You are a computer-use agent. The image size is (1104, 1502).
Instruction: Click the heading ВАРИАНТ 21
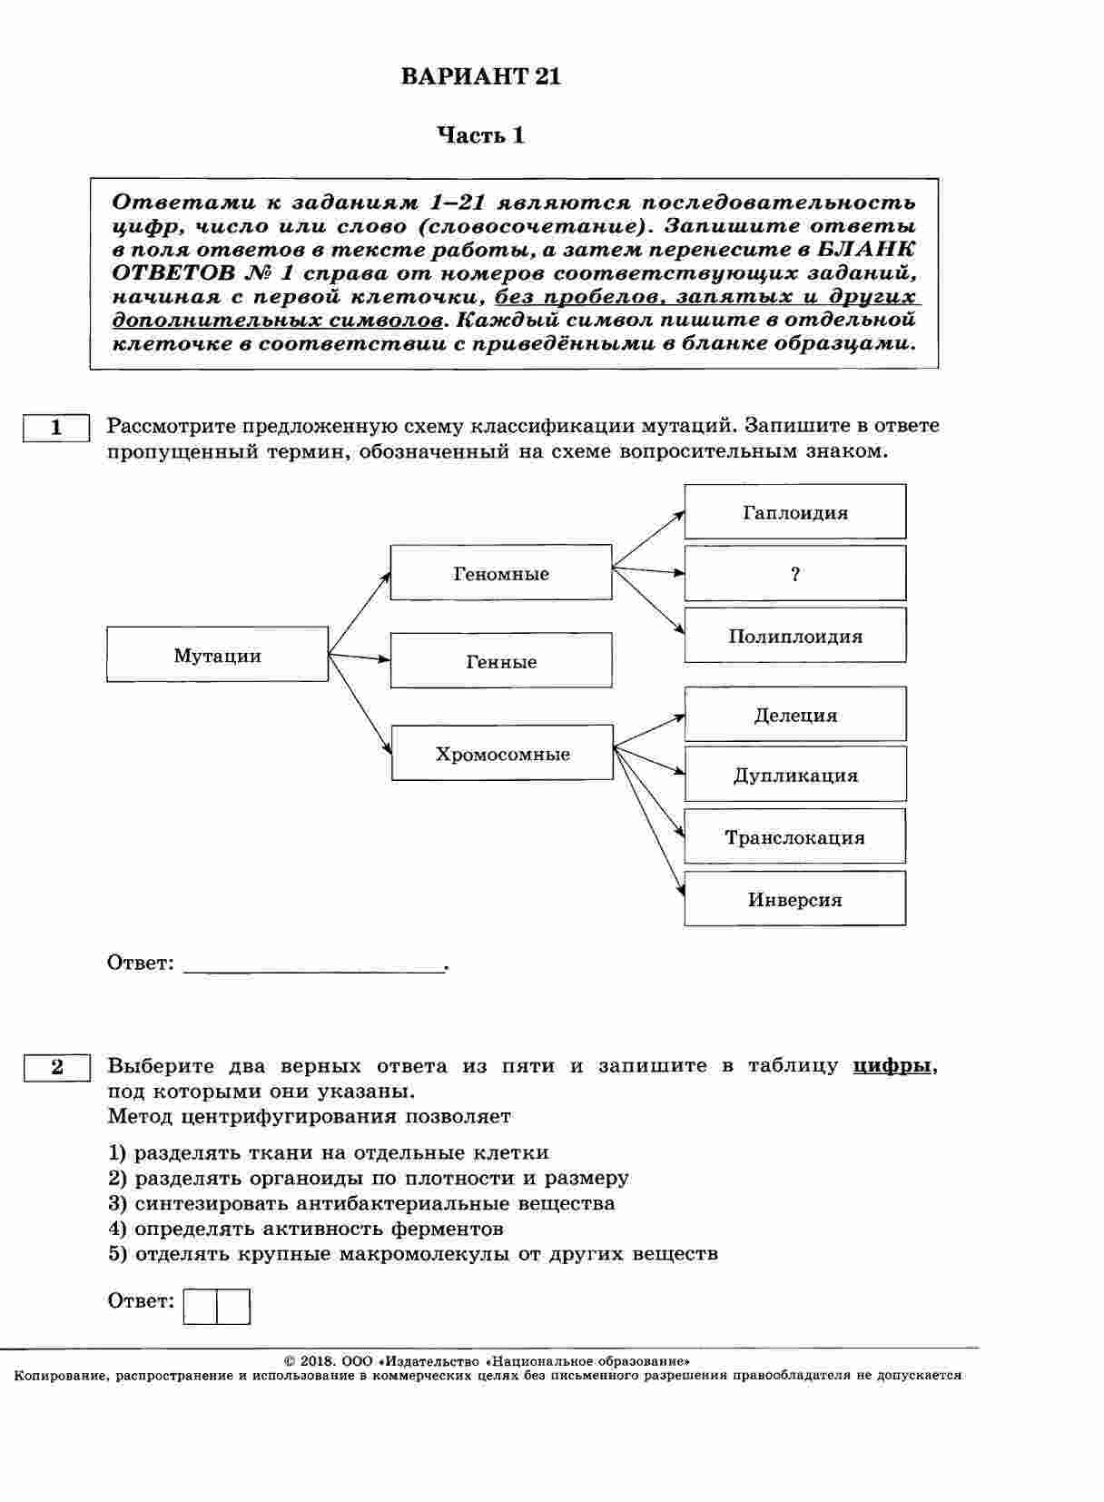(481, 77)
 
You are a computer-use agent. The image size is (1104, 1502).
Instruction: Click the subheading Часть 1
(481, 136)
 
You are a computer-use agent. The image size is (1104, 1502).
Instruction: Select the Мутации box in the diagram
(218, 655)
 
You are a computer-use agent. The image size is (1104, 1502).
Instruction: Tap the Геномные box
(501, 573)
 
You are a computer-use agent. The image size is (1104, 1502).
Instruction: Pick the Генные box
(501, 661)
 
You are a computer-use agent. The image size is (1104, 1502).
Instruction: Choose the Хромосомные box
(502, 753)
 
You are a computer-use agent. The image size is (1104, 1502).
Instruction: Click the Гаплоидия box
(795, 512)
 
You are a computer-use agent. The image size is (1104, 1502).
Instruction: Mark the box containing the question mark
(795, 574)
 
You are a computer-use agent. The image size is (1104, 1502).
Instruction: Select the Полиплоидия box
(795, 636)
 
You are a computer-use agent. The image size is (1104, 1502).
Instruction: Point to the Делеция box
(795, 715)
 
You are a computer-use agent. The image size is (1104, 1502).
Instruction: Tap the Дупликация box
(795, 775)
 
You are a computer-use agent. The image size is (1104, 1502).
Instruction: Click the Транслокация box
(795, 836)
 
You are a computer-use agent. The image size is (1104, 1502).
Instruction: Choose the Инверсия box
(795, 899)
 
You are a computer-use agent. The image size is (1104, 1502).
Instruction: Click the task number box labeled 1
(56, 428)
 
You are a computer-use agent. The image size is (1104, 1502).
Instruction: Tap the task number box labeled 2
(56, 1067)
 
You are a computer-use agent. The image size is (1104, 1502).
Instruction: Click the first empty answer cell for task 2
(201, 1307)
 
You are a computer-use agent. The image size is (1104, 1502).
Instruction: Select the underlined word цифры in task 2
(892, 1066)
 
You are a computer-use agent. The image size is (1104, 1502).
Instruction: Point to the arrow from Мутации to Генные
(360, 657)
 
